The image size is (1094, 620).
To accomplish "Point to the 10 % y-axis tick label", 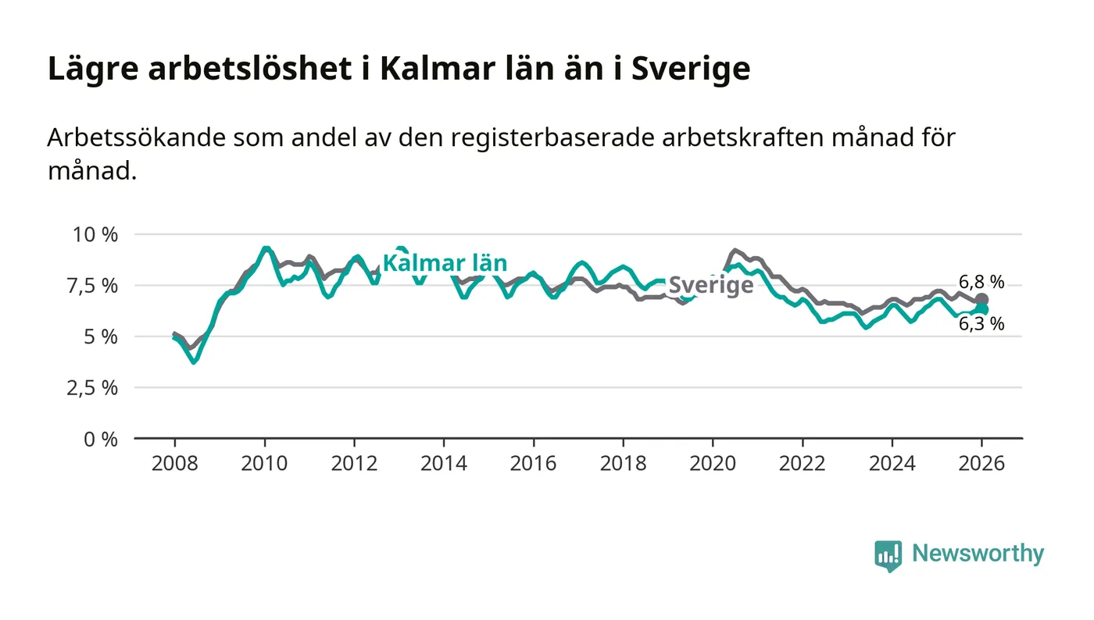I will tap(95, 234).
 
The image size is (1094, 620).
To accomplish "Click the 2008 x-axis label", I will tap(174, 464).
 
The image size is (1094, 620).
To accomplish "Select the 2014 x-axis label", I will tap(443, 464).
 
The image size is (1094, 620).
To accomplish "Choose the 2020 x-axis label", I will tap(713, 464).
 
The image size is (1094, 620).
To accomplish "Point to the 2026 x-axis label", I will tap(982, 464).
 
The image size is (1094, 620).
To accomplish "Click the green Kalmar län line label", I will tap(445, 263).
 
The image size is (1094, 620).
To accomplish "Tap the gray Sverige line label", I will tap(712, 285).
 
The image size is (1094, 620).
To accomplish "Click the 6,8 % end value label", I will tap(981, 283).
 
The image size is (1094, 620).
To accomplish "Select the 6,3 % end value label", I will tap(981, 324).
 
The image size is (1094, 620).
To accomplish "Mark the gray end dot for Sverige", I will tap(982, 300).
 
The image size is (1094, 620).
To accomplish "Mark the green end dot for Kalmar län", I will tap(982, 309).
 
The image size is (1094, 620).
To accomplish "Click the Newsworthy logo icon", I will tap(888, 556).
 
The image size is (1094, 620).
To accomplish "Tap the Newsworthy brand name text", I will tap(978, 554).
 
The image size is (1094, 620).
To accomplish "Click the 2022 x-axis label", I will tap(803, 464).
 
